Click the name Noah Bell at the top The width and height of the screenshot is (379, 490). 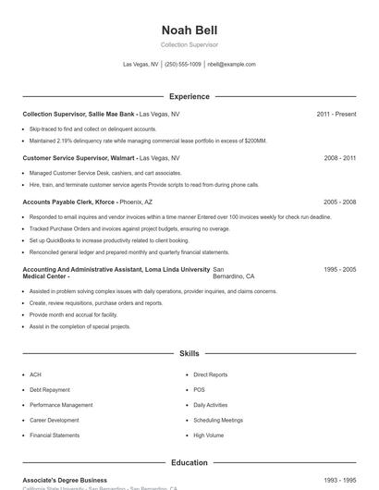click(189, 31)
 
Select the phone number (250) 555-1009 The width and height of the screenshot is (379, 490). click(183, 65)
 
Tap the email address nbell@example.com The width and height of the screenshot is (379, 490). click(231, 65)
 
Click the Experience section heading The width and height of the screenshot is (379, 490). click(189, 96)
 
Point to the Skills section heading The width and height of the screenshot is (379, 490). click(189, 353)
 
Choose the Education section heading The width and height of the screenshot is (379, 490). click(189, 462)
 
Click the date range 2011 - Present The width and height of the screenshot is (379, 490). click(336, 114)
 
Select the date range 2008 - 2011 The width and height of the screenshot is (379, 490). click(339, 158)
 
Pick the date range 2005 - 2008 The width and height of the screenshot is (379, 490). click(339, 202)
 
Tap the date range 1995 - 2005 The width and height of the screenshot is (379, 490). click(339, 269)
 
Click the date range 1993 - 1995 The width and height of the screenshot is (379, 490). click(339, 481)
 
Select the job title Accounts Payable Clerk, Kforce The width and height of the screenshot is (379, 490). click(69, 202)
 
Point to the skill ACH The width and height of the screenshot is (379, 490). click(35, 375)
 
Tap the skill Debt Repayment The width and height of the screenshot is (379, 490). click(48, 390)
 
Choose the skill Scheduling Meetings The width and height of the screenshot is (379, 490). click(218, 420)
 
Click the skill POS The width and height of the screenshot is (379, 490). click(199, 390)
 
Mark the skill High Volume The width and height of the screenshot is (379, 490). click(208, 435)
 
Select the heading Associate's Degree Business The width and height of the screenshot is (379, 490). click(65, 481)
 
